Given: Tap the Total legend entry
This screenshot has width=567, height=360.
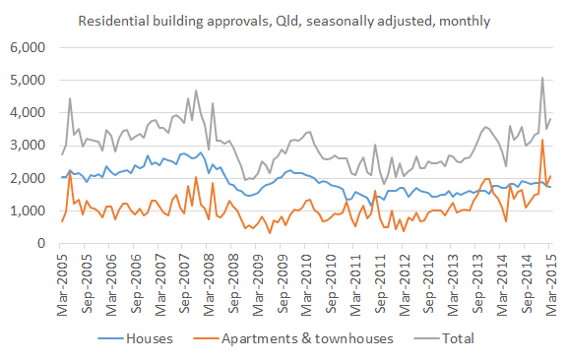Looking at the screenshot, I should tap(454, 338).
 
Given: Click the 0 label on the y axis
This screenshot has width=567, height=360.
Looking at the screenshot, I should tap(40, 243).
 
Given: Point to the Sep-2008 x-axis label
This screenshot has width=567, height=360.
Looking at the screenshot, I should tap(233, 285).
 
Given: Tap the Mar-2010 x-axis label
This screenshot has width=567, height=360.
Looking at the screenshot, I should tap(306, 285).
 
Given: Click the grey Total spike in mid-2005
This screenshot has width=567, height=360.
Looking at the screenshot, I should tap(70, 98).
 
